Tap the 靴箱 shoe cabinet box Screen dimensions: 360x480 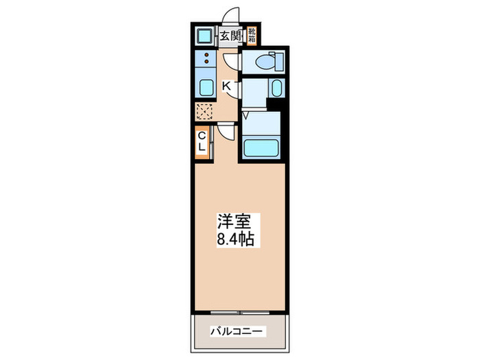coord(252,34)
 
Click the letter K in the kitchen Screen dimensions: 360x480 coord(227,86)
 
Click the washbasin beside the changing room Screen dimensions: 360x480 coord(276,88)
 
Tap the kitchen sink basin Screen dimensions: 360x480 coord(205,88)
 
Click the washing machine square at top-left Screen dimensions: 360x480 coord(204,36)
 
